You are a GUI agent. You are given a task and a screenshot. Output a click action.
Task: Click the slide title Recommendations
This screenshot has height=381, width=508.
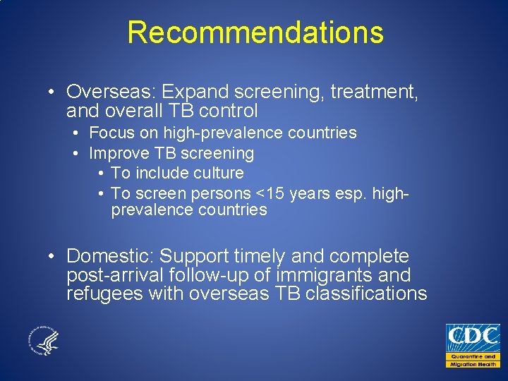click(255, 32)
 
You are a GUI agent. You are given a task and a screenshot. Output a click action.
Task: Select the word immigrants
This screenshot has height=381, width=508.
click(317, 275)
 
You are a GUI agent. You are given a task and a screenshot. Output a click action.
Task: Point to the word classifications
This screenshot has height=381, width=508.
click(366, 294)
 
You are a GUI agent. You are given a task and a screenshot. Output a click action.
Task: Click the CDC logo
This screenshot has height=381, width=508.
click(472, 337)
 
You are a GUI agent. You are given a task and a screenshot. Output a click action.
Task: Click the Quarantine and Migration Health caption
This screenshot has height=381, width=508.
click(472, 360)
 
